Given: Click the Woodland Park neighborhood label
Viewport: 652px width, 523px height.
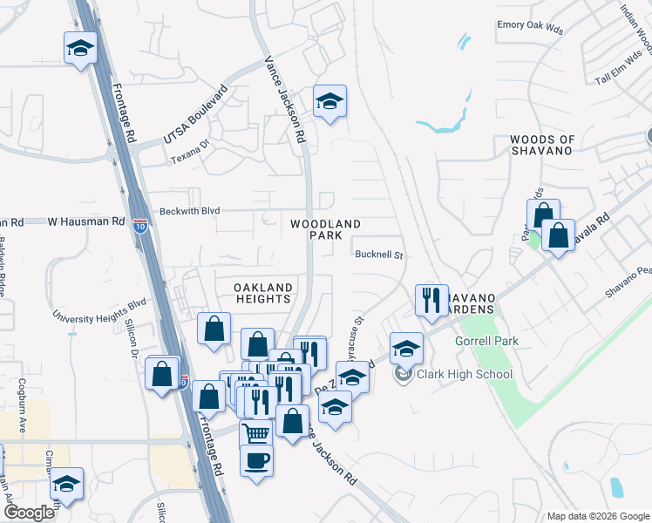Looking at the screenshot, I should pyautogui.click(x=325, y=230).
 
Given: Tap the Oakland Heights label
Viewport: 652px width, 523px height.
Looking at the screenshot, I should pyautogui.click(x=262, y=293).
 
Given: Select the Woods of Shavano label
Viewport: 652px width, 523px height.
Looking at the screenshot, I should pyautogui.click(x=542, y=145).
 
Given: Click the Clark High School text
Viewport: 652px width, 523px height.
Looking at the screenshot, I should pyautogui.click(x=464, y=375).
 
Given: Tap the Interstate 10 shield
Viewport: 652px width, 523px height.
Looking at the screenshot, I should pyautogui.click(x=141, y=225).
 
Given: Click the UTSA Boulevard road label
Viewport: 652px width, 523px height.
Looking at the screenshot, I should pyautogui.click(x=194, y=116).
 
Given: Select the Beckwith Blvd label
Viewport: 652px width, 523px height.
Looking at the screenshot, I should pyautogui.click(x=188, y=211).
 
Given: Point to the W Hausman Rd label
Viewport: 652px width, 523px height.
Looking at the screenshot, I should pyautogui.click(x=83, y=222).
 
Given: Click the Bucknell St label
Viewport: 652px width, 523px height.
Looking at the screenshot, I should pyautogui.click(x=378, y=255).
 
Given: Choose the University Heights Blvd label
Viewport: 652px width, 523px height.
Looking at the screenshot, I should pyautogui.click(x=98, y=310).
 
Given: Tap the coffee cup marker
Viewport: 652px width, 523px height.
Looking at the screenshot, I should pyautogui.click(x=256, y=459).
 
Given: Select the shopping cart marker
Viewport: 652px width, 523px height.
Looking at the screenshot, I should pyautogui.click(x=256, y=433).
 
